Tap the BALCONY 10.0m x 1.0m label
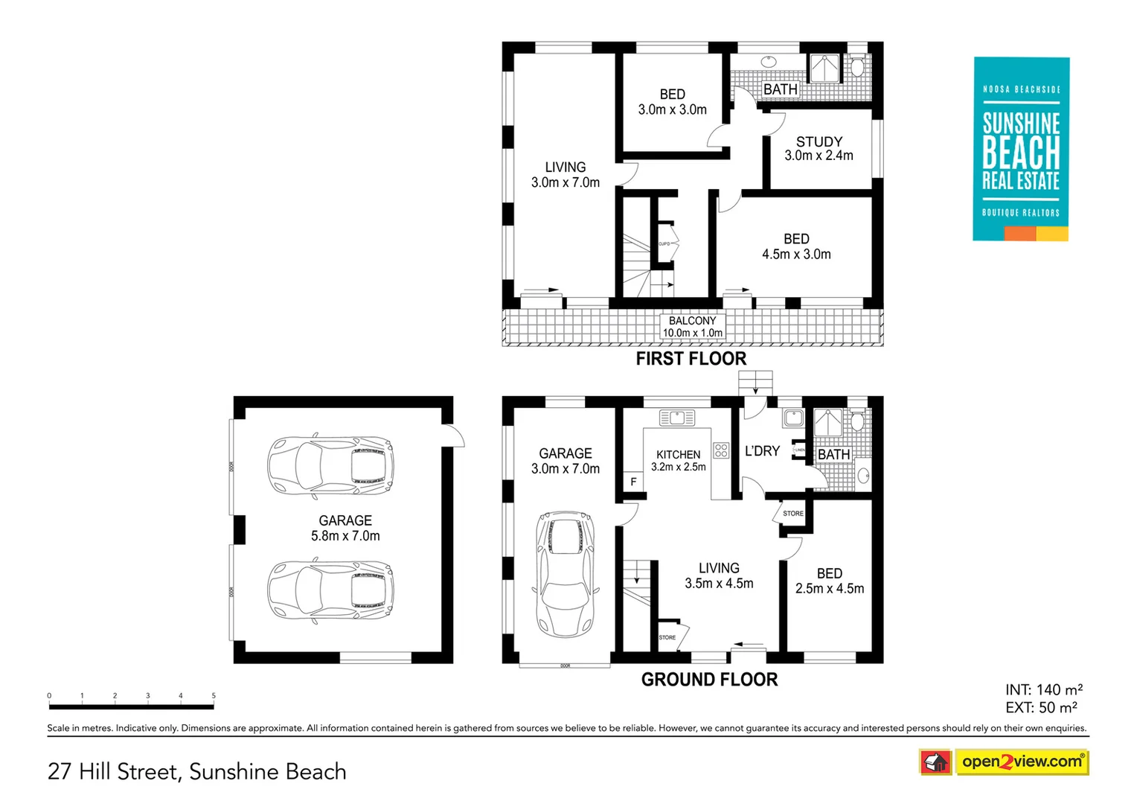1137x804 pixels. click(692, 327)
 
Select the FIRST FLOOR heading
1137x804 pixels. click(691, 359)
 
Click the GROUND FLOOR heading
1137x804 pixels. click(709, 680)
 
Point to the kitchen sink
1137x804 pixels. click(676, 418)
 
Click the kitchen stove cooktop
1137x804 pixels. click(720, 450)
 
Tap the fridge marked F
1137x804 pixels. click(633, 482)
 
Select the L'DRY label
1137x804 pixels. click(762, 451)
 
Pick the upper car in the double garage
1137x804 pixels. click(330, 465)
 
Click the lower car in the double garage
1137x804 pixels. click(330, 592)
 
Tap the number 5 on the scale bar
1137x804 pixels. click(214, 696)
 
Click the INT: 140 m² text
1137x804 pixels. click(1043, 689)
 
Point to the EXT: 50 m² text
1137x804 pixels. click(1041, 707)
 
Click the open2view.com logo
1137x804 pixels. click(1021, 762)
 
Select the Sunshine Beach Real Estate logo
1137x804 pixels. click(1021, 149)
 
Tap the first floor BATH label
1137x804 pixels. click(780, 89)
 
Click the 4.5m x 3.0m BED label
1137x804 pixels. click(796, 246)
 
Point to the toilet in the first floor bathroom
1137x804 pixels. click(857, 68)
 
